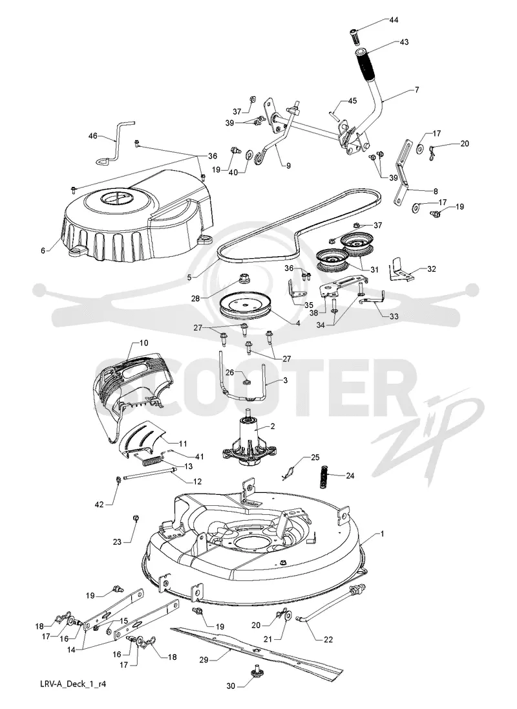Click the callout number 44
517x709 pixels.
point(394,20)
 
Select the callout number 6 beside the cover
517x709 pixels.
point(43,250)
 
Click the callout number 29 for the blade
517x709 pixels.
point(204,660)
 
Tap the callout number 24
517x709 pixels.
point(350,475)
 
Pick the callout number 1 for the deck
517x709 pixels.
point(382,534)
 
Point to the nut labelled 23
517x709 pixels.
point(135,517)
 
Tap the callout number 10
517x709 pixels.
point(143,343)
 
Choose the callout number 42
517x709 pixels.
point(99,504)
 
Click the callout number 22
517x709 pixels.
point(328,639)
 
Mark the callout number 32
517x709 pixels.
point(431,268)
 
